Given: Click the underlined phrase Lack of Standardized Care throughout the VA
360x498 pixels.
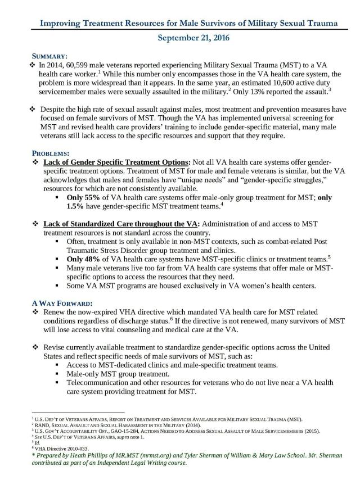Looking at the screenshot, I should click(123, 224).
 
